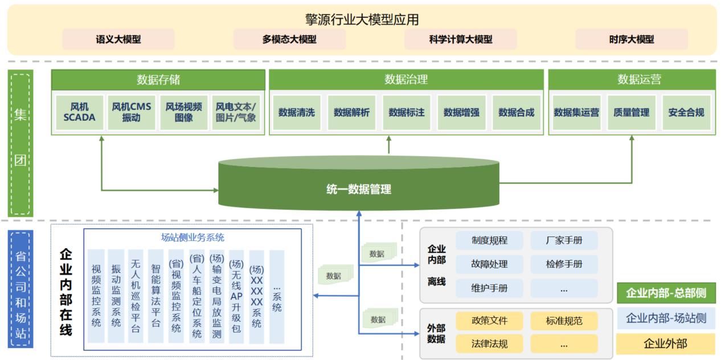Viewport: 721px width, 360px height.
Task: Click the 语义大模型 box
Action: pos(118,39)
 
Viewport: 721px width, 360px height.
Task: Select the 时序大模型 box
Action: pos(631,39)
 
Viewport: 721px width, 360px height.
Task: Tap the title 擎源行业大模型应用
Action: pos(362,19)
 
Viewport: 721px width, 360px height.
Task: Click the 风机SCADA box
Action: pos(80,112)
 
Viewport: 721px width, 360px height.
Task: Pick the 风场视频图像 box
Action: pos(183,112)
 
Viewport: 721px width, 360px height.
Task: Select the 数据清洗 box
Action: pos(296,112)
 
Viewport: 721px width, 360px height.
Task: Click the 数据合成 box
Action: pos(516,112)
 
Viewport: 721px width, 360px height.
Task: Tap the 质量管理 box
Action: pos(631,112)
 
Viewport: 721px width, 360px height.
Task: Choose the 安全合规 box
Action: pos(686,112)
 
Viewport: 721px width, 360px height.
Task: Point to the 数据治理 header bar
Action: pos(405,79)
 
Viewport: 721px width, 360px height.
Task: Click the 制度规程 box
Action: pos(489,240)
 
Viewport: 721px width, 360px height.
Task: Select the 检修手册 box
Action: pos(564,264)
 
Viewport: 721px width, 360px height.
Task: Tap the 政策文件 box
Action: pos(489,320)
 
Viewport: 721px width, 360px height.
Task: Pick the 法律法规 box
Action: pos(489,343)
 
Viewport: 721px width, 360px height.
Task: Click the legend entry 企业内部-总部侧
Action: pos(666,293)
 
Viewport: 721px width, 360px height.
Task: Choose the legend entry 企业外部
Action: pos(665,343)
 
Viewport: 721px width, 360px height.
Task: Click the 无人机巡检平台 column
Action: pos(136,296)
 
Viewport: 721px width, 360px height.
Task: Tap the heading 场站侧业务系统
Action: pos(192,238)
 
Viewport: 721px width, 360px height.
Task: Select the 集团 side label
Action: pos(20,142)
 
